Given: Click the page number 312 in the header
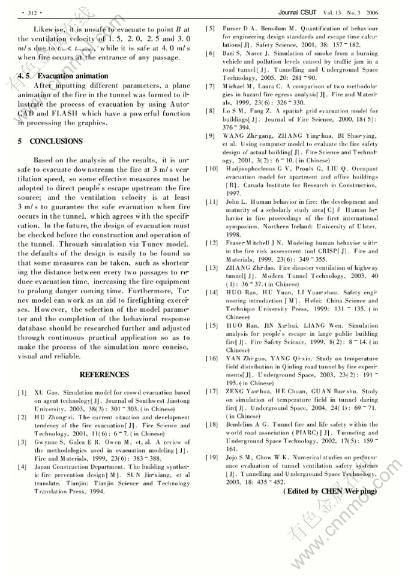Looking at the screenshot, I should click(x=29, y=12).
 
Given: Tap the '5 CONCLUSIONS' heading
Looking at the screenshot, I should click(x=50, y=141).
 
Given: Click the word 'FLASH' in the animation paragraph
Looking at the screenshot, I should click(x=72, y=113).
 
